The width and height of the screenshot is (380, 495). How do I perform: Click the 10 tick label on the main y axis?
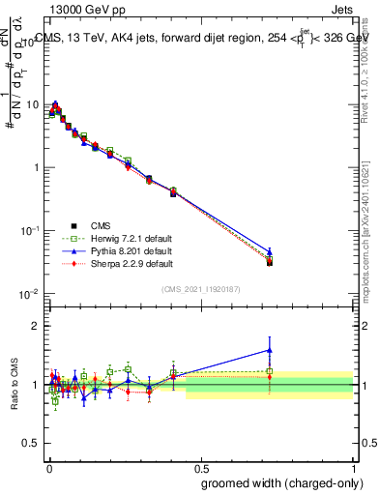[30, 103]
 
